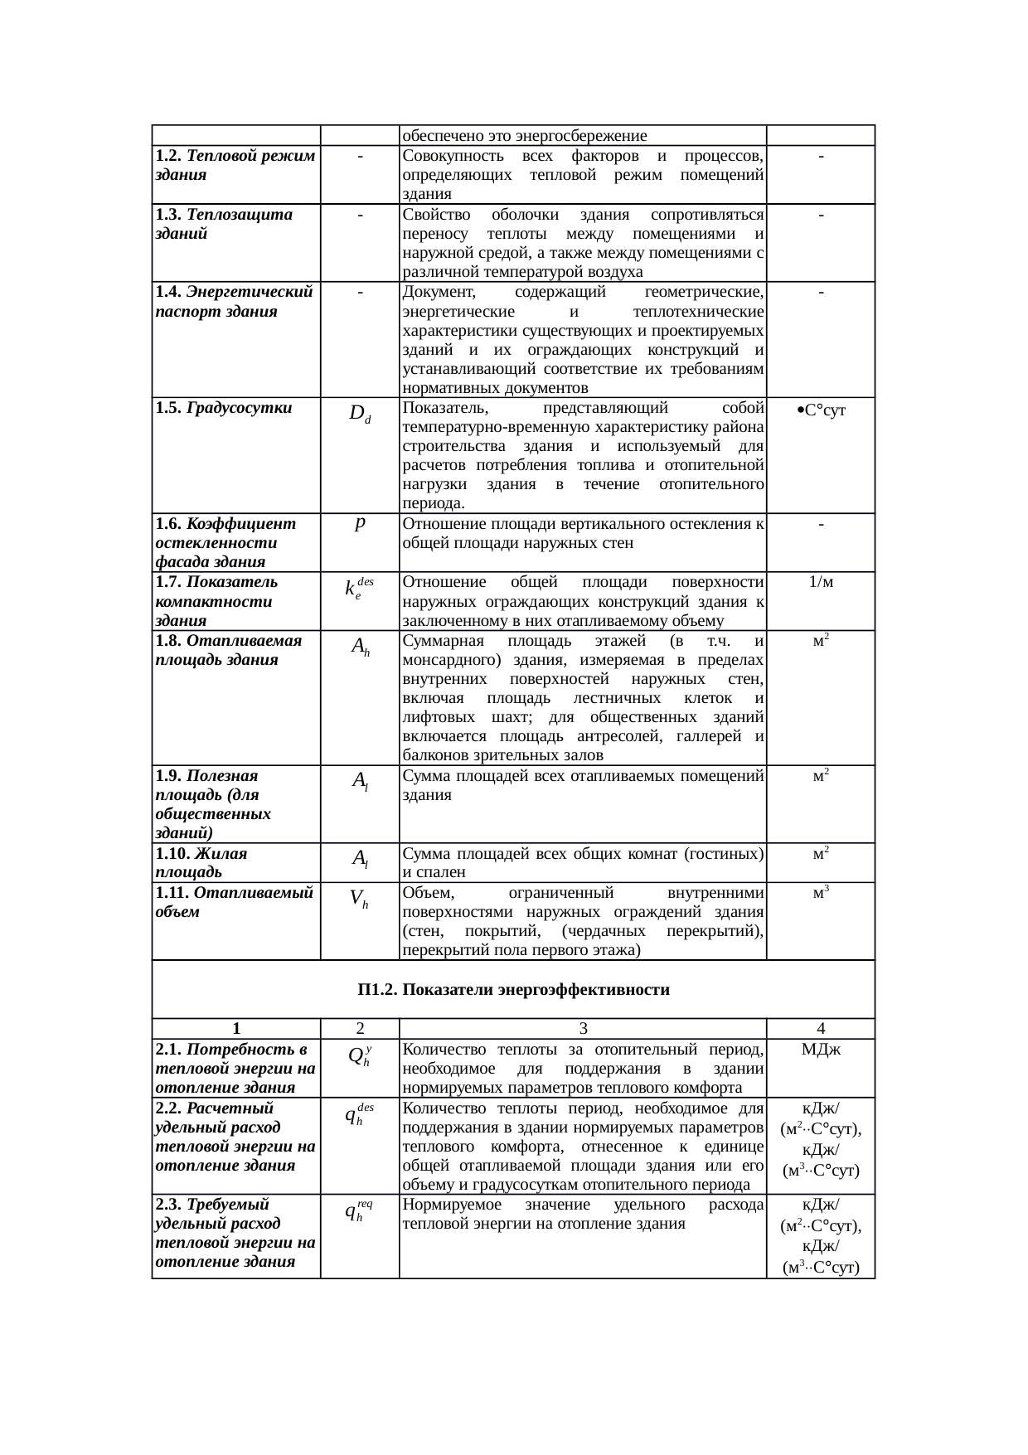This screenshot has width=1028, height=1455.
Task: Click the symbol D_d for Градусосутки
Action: (x=360, y=414)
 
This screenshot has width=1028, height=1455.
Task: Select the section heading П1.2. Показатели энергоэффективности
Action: (x=513, y=990)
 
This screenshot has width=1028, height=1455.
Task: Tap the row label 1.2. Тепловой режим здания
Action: (x=235, y=165)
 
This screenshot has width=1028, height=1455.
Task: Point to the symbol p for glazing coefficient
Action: (x=360, y=524)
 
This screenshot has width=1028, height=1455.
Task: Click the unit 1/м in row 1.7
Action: (x=821, y=582)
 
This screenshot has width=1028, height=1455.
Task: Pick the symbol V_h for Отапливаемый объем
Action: (x=360, y=899)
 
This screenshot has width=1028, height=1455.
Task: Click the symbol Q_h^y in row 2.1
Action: (x=360, y=1055)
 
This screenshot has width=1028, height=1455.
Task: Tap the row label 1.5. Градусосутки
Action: (x=223, y=408)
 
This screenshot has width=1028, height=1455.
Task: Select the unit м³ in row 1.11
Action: (x=821, y=893)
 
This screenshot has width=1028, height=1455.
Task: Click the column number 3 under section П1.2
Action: (x=583, y=1029)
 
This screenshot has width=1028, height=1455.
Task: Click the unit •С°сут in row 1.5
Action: (x=821, y=410)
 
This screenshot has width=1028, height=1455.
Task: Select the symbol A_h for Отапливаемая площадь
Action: (x=360, y=647)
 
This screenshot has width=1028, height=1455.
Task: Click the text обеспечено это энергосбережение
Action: (x=524, y=135)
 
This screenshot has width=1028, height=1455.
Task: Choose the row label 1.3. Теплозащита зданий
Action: (x=224, y=224)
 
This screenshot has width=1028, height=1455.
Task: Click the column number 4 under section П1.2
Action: (x=821, y=1029)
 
